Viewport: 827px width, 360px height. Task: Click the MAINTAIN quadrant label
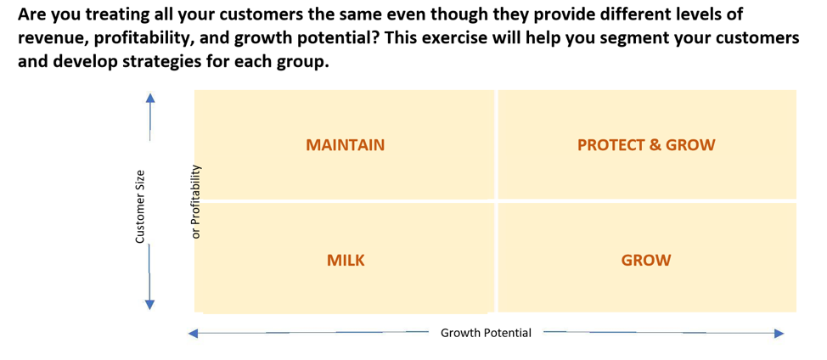tap(345, 145)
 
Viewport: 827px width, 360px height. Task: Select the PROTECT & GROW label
tap(646, 145)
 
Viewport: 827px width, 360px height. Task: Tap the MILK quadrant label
tap(346, 260)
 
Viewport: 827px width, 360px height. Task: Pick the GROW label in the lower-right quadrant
tap(646, 260)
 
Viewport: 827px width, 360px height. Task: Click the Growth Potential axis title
tap(486, 333)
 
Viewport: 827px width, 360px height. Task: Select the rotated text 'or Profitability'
tap(196, 201)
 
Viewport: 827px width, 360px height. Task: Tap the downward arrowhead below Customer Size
tap(150, 305)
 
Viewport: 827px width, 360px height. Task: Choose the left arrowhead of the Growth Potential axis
tap(194, 333)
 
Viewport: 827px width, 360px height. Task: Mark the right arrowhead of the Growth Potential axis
tap(779, 333)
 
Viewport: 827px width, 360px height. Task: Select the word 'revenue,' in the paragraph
tap(52, 38)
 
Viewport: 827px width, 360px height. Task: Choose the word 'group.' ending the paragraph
tap(306, 63)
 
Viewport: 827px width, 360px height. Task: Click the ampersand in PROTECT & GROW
tap(655, 145)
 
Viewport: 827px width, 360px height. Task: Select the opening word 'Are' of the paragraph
tap(30, 14)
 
